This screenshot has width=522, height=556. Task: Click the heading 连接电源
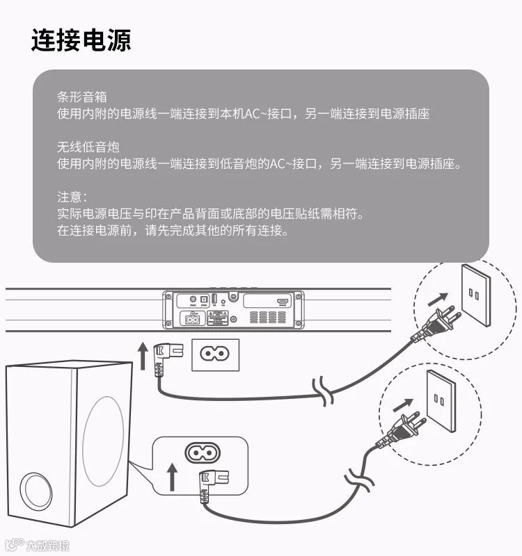pos(81,40)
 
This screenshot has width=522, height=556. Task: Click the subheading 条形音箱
pos(82,97)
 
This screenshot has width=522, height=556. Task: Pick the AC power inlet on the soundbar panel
pos(190,318)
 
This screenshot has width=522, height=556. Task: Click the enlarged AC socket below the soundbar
pos(215,354)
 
